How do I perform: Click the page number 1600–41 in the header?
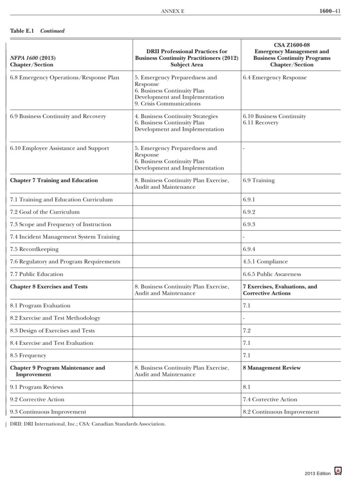[x=330, y=10]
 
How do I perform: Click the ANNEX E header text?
[x=173, y=11]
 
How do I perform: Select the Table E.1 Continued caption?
[x=37, y=31]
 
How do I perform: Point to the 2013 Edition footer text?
[x=317, y=473]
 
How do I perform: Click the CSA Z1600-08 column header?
[x=291, y=55]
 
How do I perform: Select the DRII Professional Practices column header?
[x=187, y=58]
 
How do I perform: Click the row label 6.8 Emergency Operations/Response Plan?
[x=65, y=78]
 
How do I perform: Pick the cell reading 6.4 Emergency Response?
[x=274, y=78]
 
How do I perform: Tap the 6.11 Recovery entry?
[x=260, y=123]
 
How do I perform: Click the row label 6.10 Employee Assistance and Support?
[x=59, y=148]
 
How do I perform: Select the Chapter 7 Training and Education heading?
[x=54, y=180]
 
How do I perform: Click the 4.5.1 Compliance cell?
[x=265, y=262]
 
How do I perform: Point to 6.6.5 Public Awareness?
[x=272, y=274]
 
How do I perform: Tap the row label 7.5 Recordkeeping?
[x=34, y=249]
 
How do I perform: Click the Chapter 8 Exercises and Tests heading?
[x=49, y=286]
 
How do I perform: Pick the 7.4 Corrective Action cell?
[x=270, y=400]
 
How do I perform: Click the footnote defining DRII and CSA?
[x=88, y=424]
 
